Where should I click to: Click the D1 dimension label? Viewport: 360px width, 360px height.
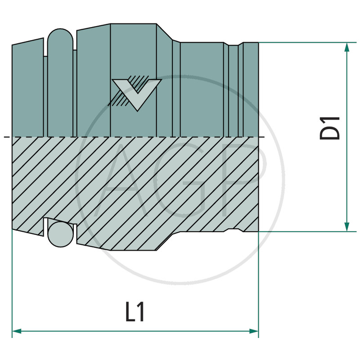click(x=329, y=128)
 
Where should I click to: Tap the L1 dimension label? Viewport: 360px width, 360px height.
click(x=135, y=312)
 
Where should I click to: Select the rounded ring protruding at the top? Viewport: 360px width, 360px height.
click(x=60, y=38)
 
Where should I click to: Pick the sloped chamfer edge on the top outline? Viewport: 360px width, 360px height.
click(x=164, y=32)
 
